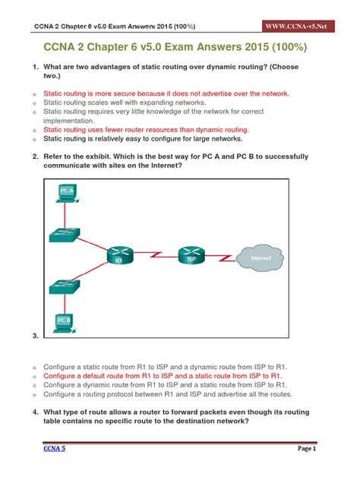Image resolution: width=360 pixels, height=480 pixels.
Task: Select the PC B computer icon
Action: pyautogui.click(x=65, y=323)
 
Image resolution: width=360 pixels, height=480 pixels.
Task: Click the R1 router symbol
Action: pyautogui.click(x=119, y=256)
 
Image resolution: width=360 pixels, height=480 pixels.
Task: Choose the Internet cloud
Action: pyautogui.click(x=261, y=257)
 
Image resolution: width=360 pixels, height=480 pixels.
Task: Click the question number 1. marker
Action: pyautogui.click(x=35, y=67)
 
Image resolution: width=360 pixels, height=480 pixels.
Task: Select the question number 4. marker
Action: pyautogui.click(x=35, y=411)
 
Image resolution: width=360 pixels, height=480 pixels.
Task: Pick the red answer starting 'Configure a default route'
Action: pyautogui.click(x=163, y=375)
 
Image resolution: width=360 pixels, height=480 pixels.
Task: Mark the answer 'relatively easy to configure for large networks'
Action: pyautogui.click(x=143, y=139)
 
